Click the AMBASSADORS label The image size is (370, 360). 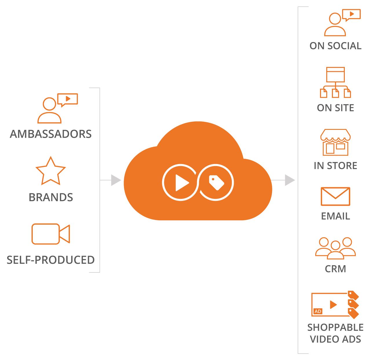click(x=51, y=134)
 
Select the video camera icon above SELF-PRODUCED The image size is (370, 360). click(x=51, y=234)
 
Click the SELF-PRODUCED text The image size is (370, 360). click(x=51, y=260)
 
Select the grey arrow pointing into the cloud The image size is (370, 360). click(x=110, y=180)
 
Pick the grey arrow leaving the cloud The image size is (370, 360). click(x=283, y=180)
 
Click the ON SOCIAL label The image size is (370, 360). click(x=336, y=46)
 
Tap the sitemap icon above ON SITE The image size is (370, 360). click(x=336, y=82)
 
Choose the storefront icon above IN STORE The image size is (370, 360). click(x=336, y=142)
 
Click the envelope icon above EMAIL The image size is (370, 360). click(x=336, y=197)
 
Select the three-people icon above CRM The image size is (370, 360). click(x=336, y=248)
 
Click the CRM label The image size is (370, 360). click(x=336, y=269)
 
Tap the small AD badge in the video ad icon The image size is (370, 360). click(x=318, y=311)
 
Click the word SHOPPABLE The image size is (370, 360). click(x=336, y=328)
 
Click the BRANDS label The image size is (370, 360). click(x=51, y=197)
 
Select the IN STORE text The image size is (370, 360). click(x=336, y=166)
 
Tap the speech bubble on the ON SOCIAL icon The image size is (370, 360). click(x=351, y=14)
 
